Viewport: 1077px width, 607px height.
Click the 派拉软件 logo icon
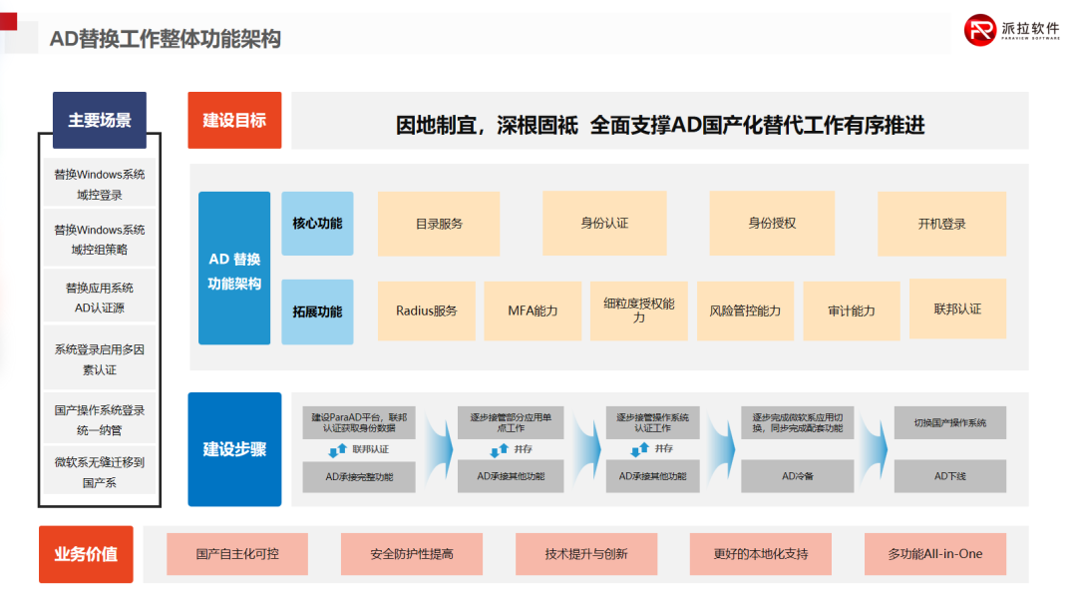(x=980, y=30)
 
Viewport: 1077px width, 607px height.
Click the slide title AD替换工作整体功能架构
(x=166, y=39)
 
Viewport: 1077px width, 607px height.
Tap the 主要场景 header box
(x=100, y=120)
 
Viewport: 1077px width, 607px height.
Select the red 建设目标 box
(x=234, y=120)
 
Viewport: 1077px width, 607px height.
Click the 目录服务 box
(x=439, y=224)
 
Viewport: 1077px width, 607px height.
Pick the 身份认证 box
(x=604, y=223)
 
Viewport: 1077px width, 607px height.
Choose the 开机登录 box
(x=941, y=224)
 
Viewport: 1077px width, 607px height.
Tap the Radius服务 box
(x=426, y=310)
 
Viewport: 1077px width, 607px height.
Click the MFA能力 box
(x=533, y=310)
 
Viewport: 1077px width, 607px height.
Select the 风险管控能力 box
(x=745, y=310)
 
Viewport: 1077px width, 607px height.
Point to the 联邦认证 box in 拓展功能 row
(x=957, y=309)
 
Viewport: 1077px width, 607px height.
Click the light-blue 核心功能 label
(x=317, y=224)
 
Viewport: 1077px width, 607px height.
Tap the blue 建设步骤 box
(x=234, y=449)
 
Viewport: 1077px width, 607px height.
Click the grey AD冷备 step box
(x=797, y=476)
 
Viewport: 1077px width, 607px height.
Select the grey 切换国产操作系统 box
(x=949, y=422)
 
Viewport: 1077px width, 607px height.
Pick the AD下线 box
(x=949, y=476)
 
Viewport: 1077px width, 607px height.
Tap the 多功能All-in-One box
(x=934, y=554)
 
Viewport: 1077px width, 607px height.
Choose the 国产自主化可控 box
(x=237, y=554)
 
